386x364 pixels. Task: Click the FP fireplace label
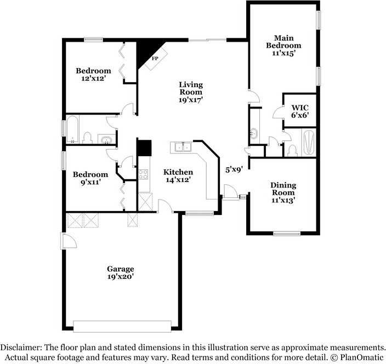[x=155, y=58]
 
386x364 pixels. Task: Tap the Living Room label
[x=191, y=88]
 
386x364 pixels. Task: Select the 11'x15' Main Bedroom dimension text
[x=283, y=53]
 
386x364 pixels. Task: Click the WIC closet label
[x=300, y=107]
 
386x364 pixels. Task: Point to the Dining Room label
[x=283, y=189]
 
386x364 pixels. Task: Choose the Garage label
[x=121, y=269]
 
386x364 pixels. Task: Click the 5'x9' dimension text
[x=234, y=169]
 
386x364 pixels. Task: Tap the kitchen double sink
[x=183, y=147]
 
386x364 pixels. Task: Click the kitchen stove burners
[x=143, y=174]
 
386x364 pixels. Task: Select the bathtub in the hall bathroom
[x=72, y=129]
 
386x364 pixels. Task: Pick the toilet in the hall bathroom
[x=87, y=138]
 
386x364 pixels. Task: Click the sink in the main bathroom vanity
[x=254, y=133]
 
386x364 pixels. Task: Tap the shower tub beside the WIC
[x=309, y=143]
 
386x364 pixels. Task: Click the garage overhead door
[x=122, y=326]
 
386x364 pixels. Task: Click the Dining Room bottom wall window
[x=287, y=234]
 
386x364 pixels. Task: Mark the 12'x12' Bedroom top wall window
[x=93, y=39]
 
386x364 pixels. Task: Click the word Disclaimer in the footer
[x=20, y=348]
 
